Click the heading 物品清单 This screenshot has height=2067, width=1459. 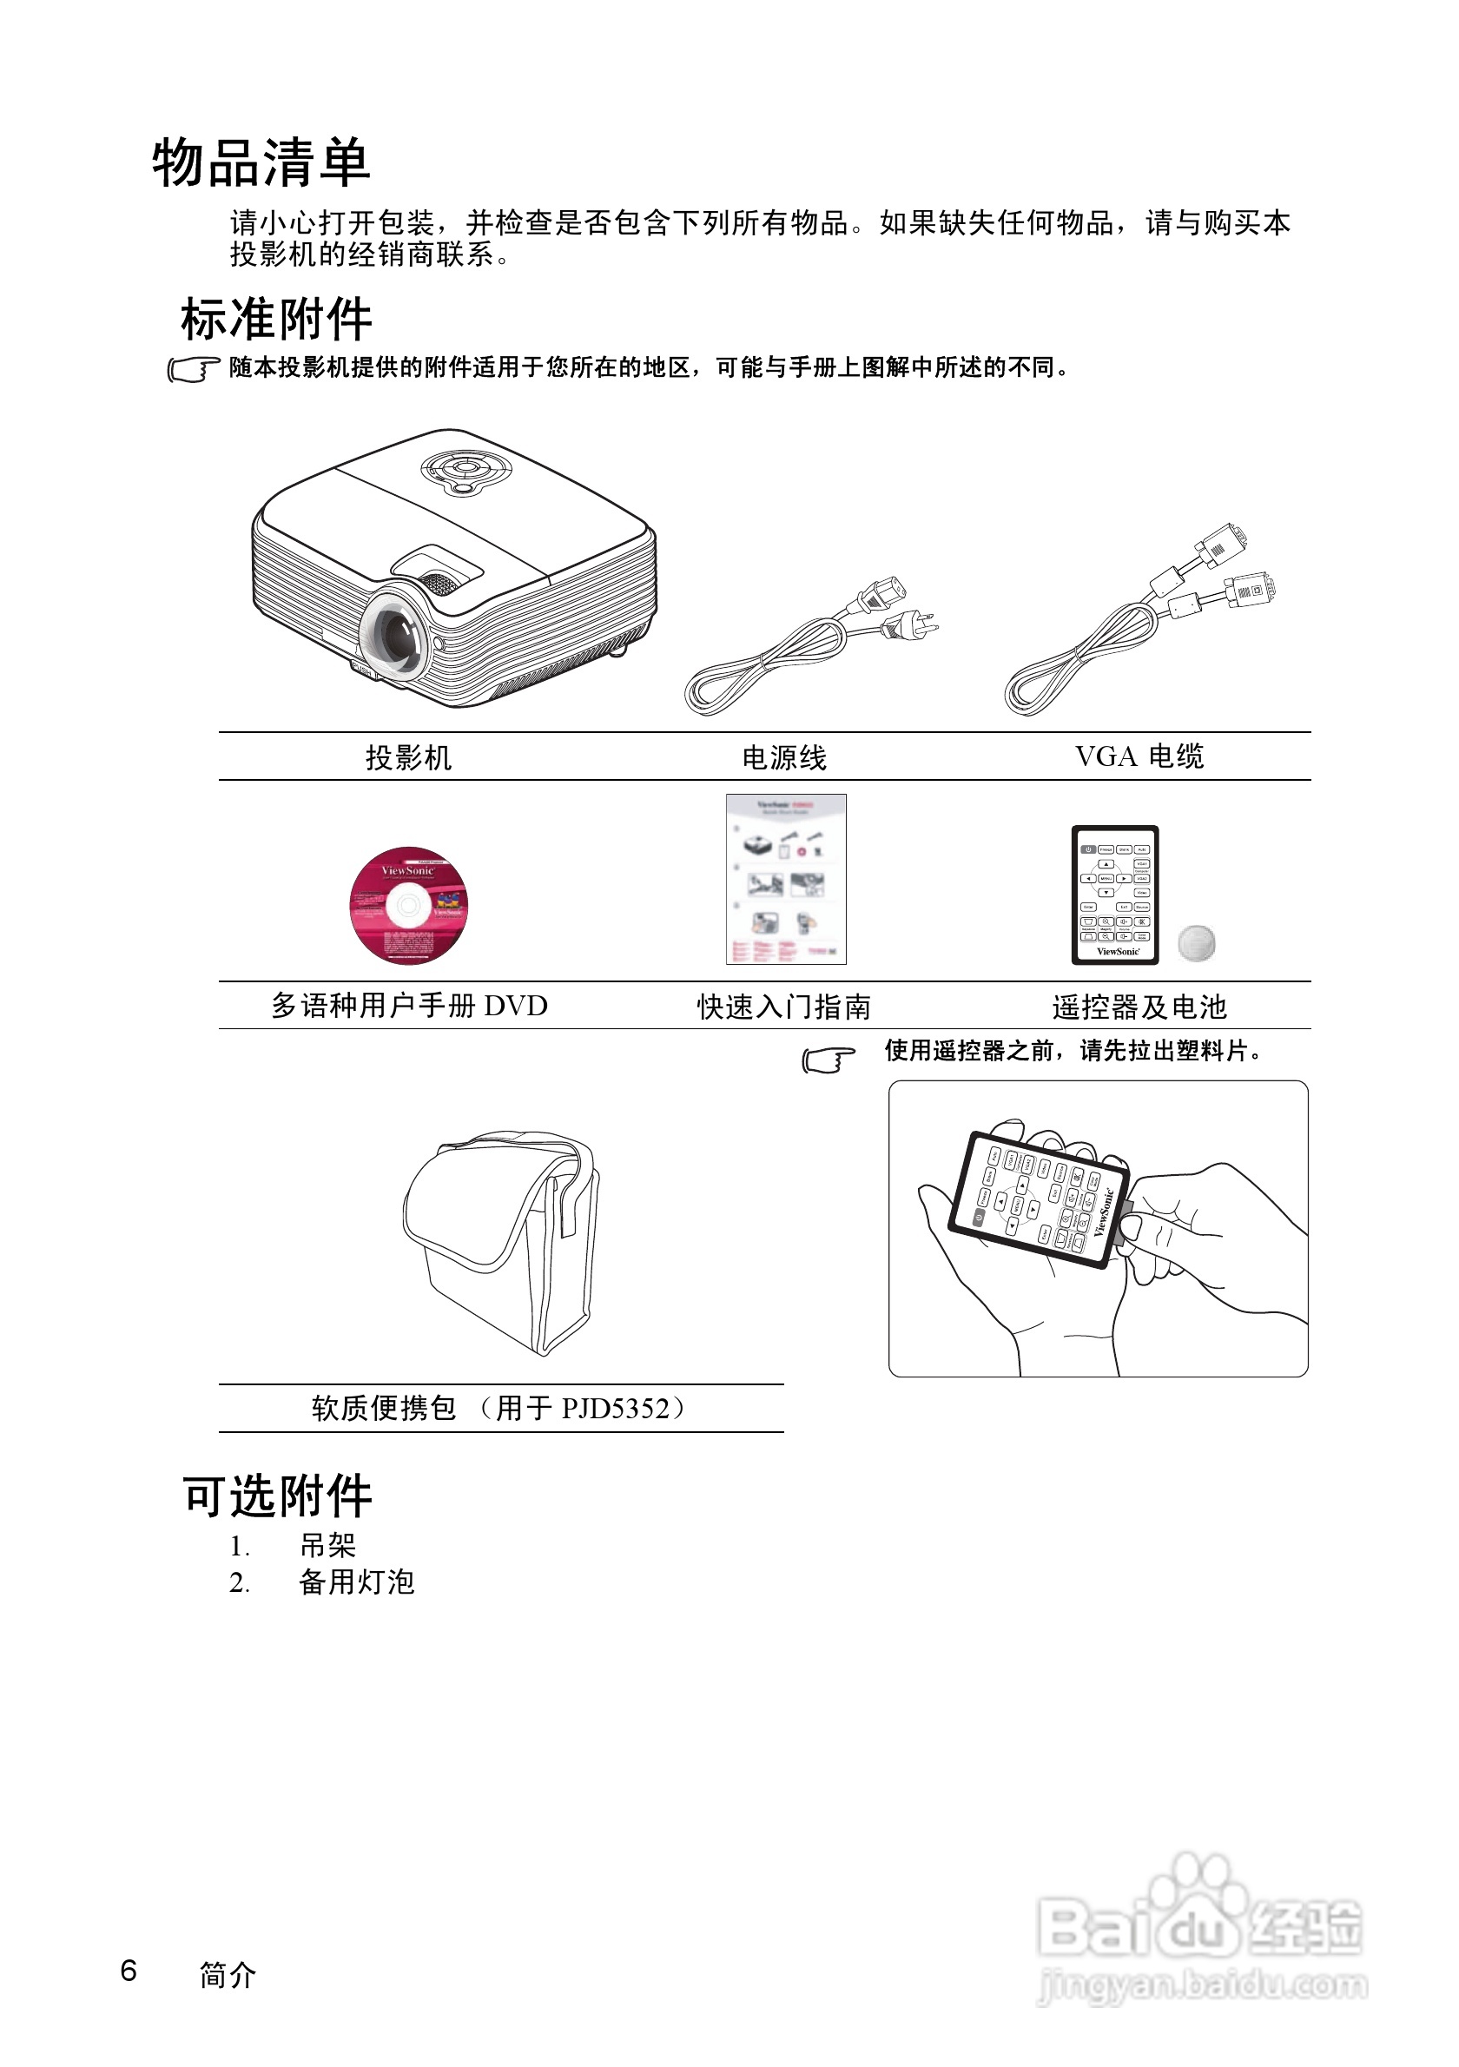point(261,164)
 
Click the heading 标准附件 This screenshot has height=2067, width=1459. point(276,320)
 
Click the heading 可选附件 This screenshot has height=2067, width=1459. point(277,1496)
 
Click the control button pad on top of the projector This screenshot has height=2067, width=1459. point(465,469)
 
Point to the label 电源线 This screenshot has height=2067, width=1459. point(783,757)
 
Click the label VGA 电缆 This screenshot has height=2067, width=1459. point(1139,756)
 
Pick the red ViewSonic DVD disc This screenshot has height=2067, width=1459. point(409,905)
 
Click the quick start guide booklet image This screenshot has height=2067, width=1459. point(786,879)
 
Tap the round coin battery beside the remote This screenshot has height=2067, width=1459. point(1196,942)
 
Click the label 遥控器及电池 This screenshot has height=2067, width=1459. point(1139,1007)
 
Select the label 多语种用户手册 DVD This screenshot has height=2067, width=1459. point(410,1006)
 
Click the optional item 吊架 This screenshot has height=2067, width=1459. point(327,1546)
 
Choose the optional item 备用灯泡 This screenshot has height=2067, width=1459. point(356,1582)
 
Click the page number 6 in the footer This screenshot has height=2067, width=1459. point(129,1971)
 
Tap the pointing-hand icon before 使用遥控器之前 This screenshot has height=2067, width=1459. point(827,1060)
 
